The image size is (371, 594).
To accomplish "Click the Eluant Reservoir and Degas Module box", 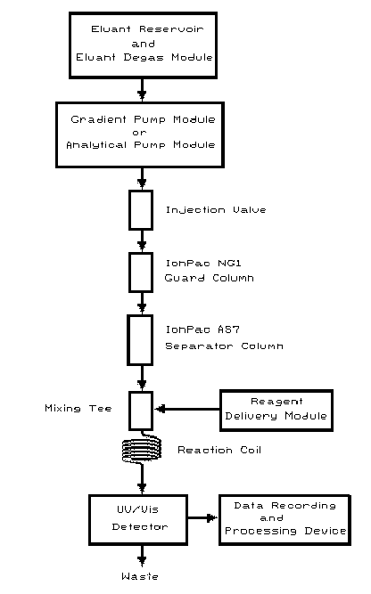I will pyautogui.click(x=141, y=44).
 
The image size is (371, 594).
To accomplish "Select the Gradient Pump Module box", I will pyautogui.click(x=141, y=132).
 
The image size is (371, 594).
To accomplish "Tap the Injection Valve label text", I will pyautogui.click(x=203, y=210).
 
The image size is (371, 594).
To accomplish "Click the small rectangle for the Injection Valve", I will pyautogui.click(x=141, y=209).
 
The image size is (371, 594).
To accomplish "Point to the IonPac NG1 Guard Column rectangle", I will pyautogui.click(x=141, y=272).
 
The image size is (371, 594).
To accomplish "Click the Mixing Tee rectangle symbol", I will pyautogui.click(x=141, y=410).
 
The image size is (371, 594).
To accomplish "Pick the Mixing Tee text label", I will pyautogui.click(x=78, y=409).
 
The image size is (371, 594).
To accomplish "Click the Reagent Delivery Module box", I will pyautogui.click(x=276, y=410).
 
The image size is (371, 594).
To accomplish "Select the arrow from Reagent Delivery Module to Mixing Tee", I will pyautogui.click(x=187, y=410).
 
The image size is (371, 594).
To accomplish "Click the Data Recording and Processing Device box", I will pyautogui.click(x=284, y=519).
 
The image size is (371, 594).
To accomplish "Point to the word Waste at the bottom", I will pyautogui.click(x=140, y=577).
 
